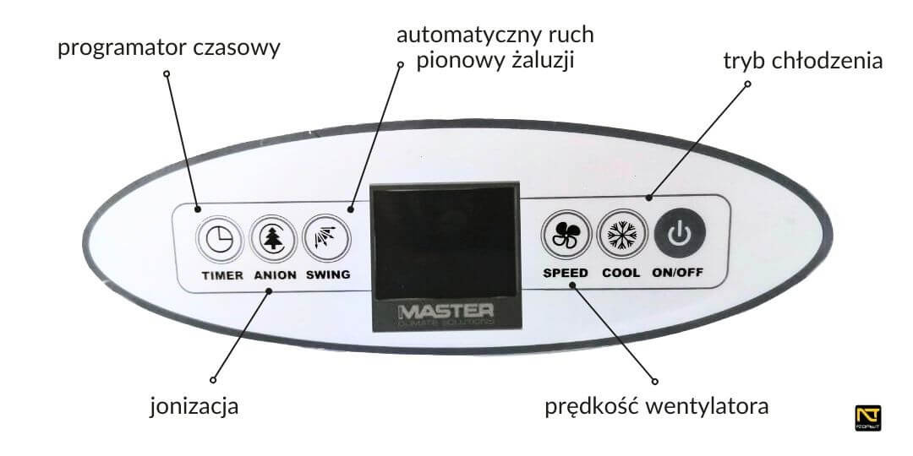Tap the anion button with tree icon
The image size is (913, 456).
pyautogui.click(x=272, y=239)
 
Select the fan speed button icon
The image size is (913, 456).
pyautogui.click(x=565, y=237)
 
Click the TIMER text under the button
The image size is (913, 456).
pyautogui.click(x=222, y=275)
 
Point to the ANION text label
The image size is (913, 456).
pyautogui.click(x=275, y=275)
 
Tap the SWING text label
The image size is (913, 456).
pyautogui.click(x=328, y=275)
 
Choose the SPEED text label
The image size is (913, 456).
pyautogui.click(x=566, y=274)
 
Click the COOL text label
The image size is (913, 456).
pyautogui.click(x=621, y=274)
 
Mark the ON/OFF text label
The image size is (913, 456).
pyautogui.click(x=677, y=274)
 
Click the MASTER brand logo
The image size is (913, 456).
pyautogui.click(x=446, y=312)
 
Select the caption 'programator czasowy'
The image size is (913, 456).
pyautogui.click(x=169, y=47)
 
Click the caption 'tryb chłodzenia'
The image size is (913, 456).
pyautogui.click(x=803, y=61)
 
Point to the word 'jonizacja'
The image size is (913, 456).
pyautogui.click(x=194, y=406)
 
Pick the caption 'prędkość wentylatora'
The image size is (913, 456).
pyautogui.click(x=657, y=407)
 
